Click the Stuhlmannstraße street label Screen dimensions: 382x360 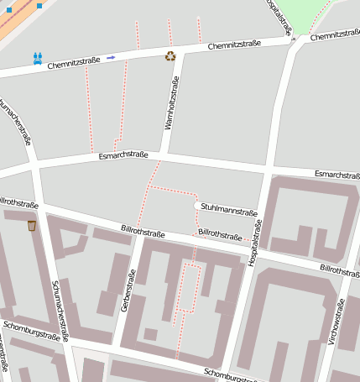point(229,212)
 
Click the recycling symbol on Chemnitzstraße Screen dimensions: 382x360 point(171,56)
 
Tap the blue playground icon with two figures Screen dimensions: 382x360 point(37,58)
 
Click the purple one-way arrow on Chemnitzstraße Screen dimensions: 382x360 point(111,58)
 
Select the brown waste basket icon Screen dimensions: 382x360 point(32,225)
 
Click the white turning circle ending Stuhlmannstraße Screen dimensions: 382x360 point(197,206)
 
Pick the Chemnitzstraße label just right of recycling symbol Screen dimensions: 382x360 point(234,44)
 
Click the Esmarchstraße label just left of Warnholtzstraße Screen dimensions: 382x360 point(123,155)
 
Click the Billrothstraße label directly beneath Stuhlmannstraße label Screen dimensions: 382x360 point(218,233)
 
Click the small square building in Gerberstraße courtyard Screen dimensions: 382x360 point(150,334)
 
